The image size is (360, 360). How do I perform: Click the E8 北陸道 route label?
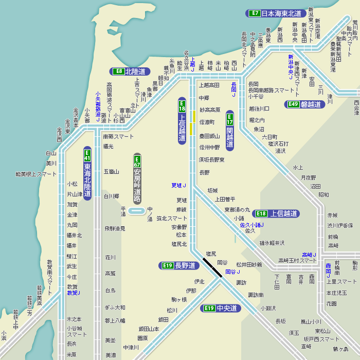(x=129, y=71)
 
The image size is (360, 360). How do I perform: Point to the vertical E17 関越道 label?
(x=230, y=131)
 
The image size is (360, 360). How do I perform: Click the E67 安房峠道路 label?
(x=137, y=178)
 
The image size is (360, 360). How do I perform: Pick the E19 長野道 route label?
(x=178, y=265)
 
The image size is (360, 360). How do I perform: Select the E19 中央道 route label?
(x=220, y=308)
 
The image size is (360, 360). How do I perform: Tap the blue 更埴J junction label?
(x=178, y=185)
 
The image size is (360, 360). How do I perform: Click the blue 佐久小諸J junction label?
(x=251, y=225)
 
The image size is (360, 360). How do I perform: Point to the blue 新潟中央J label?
(x=291, y=67)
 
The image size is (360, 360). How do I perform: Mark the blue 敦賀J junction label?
(x=74, y=293)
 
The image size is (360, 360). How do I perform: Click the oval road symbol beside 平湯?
(x=136, y=210)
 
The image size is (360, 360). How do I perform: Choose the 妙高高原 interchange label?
(x=209, y=110)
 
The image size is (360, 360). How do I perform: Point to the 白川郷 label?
(x=111, y=196)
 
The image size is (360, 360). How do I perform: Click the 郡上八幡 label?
(x=115, y=320)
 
